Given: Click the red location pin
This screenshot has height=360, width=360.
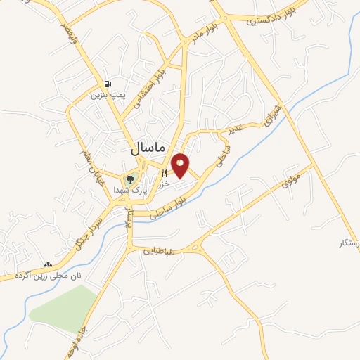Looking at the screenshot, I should (181, 165).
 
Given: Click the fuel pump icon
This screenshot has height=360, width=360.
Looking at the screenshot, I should (108, 82).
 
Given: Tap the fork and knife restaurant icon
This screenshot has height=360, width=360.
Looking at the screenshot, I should (165, 172).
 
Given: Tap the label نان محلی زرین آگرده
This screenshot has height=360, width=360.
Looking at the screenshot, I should (51, 276).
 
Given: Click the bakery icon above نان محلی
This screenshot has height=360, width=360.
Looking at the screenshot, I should (48, 265).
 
